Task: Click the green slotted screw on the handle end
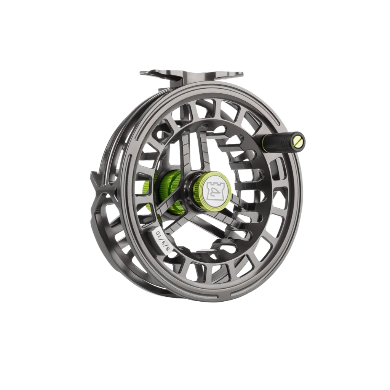click(298, 142)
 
